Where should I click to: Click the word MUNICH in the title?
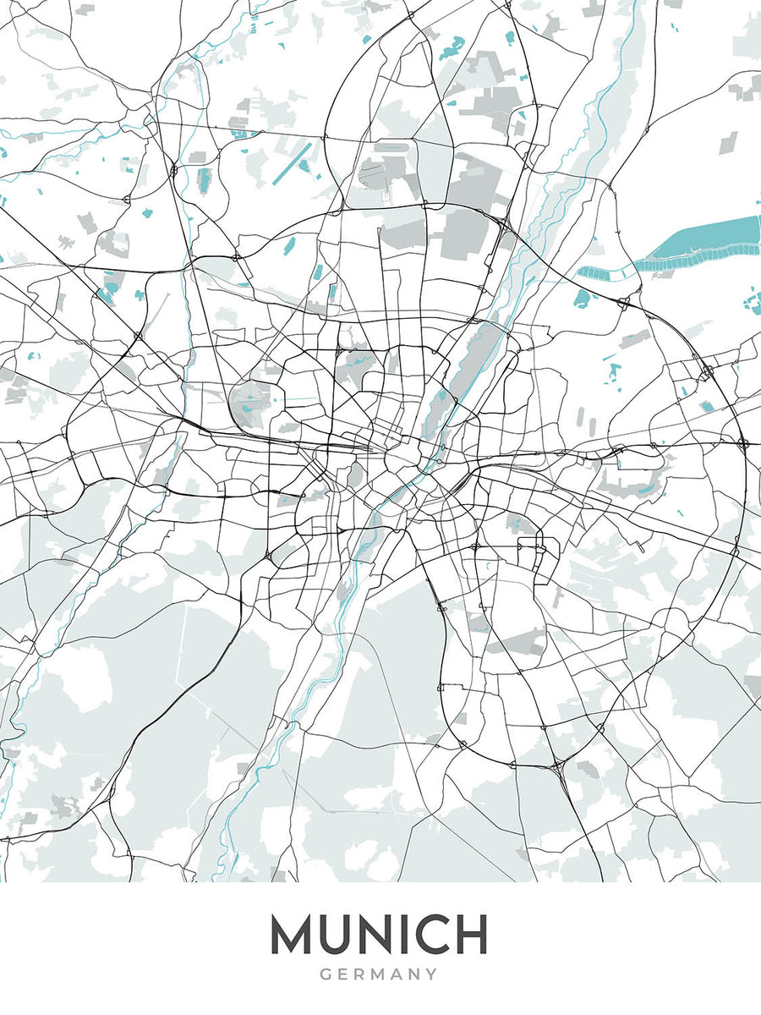pos(379,935)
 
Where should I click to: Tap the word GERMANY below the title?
pos(379,974)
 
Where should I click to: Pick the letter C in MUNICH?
pos(430,935)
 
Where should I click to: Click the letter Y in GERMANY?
pos(431,974)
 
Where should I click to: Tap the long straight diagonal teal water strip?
pos(293,164)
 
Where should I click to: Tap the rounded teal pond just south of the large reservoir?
pos(582,297)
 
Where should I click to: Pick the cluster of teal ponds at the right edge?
pos(751,300)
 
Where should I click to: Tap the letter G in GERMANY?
pos(326,974)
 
